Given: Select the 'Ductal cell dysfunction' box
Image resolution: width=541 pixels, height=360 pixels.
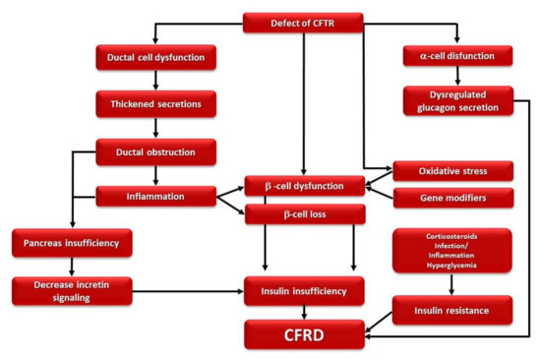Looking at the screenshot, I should click(x=156, y=57).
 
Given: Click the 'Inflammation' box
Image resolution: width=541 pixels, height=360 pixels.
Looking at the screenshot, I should click(x=156, y=196).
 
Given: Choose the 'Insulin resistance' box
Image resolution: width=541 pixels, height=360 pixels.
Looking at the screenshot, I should click(x=453, y=310).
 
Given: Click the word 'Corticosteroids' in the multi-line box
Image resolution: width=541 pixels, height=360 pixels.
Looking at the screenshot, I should click(x=452, y=238).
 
